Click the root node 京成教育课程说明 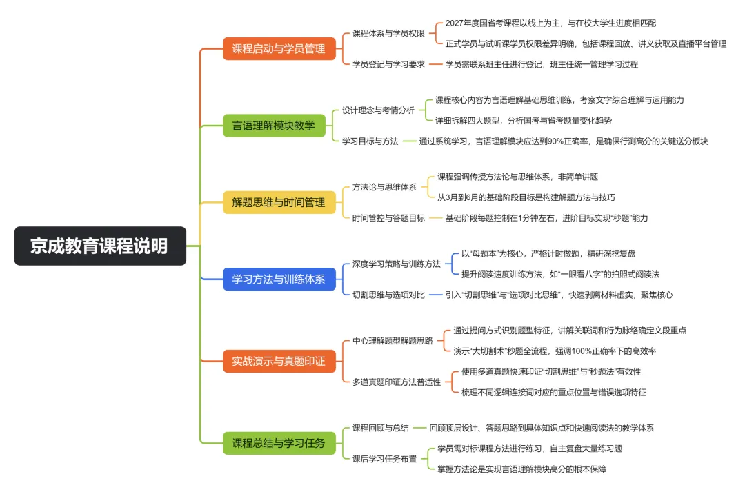100,246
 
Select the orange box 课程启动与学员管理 278,49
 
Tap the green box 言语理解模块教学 273,126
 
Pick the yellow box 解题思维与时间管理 278,203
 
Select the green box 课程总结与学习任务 278,443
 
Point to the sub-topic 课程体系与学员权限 388,32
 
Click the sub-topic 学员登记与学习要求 388,64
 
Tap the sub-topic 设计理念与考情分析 379,110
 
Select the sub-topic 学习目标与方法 370,141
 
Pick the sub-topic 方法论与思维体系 384,187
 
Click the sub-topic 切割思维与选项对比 388,295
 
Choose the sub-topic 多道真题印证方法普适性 397,382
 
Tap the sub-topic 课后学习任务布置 384,459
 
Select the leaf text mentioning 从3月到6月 526,197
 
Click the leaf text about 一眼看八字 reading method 560,274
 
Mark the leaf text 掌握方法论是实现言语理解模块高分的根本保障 521,469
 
